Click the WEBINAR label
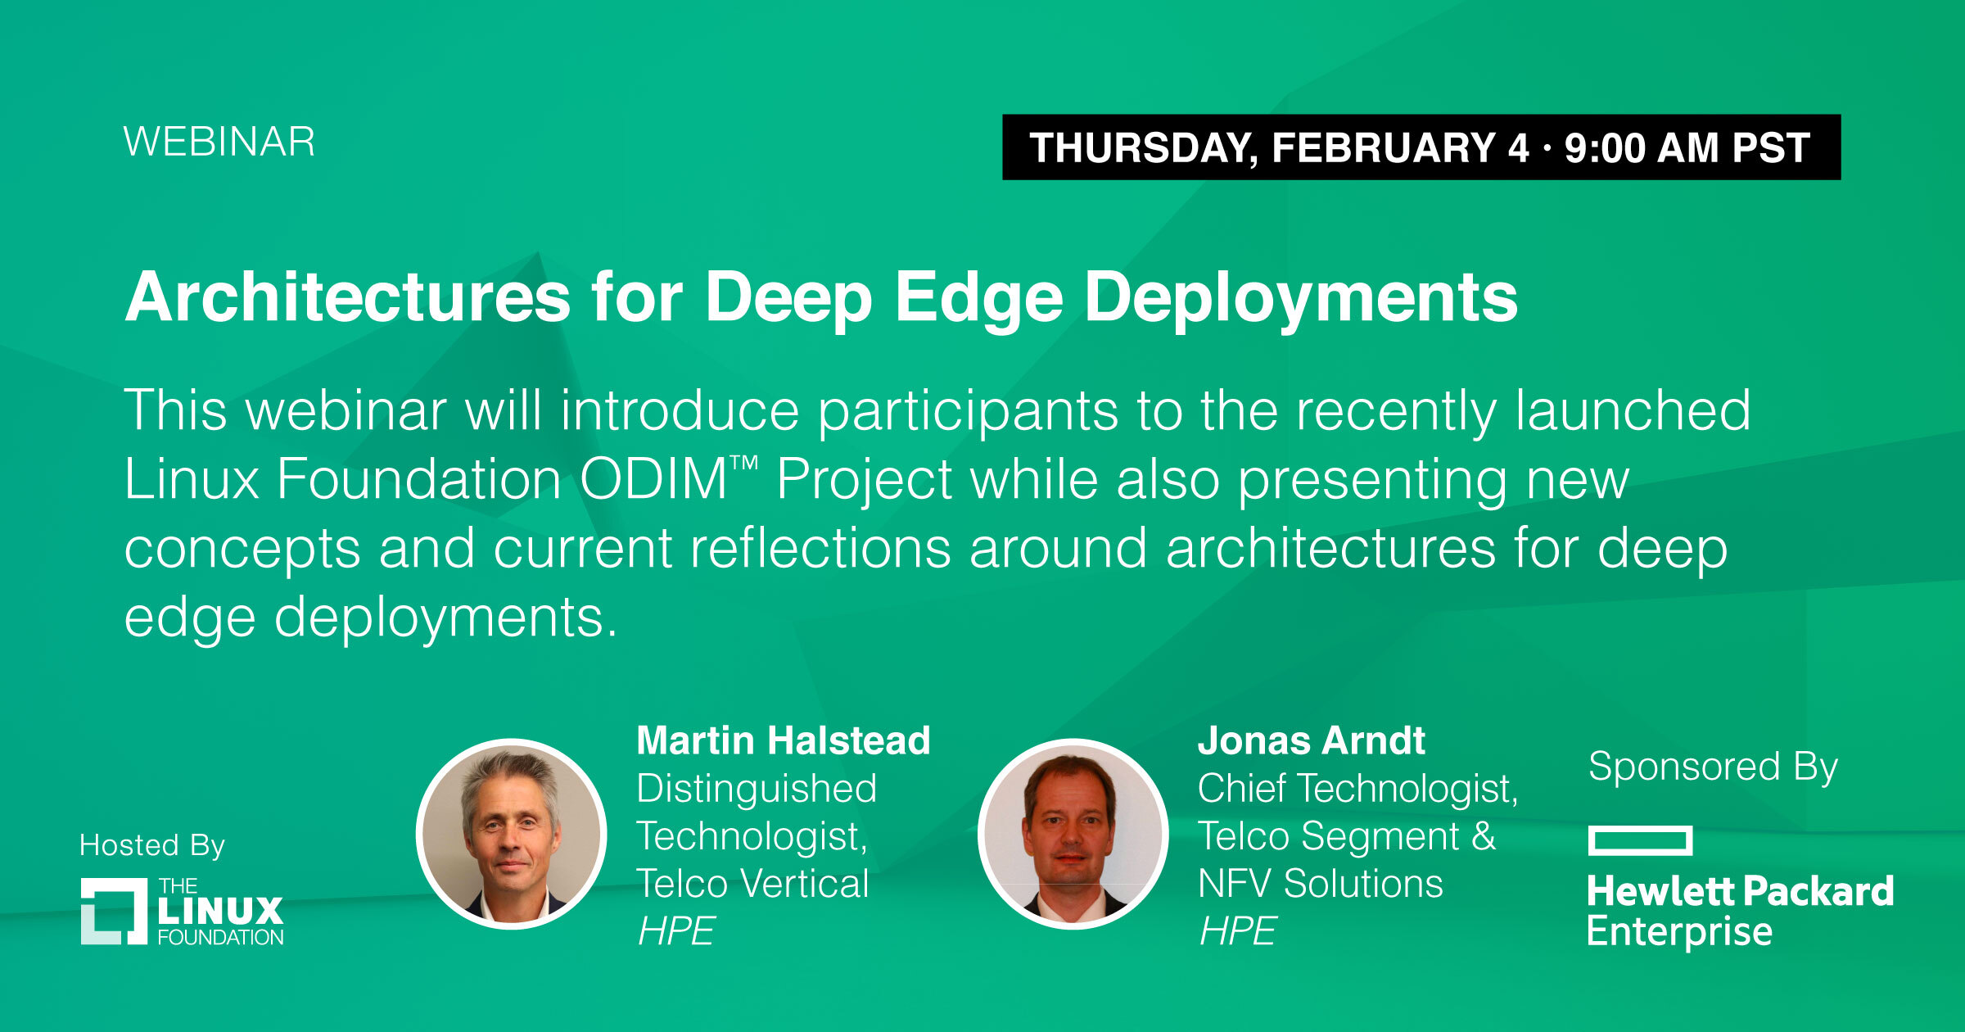tap(219, 143)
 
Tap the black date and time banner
tap(1421, 147)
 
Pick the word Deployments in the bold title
tap(1301, 301)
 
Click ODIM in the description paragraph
tap(654, 478)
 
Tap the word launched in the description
tap(1633, 410)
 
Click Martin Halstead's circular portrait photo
tap(512, 834)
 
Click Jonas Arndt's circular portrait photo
tap(1073, 834)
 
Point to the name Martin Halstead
tap(784, 740)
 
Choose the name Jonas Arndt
tap(1311, 740)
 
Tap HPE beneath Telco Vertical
tap(676, 931)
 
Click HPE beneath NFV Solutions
tap(1237, 931)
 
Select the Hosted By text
tap(152, 845)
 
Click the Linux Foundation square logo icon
tap(114, 911)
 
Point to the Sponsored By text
tap(1713, 767)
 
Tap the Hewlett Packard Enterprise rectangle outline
tap(1640, 840)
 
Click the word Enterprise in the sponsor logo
tap(1679, 932)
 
